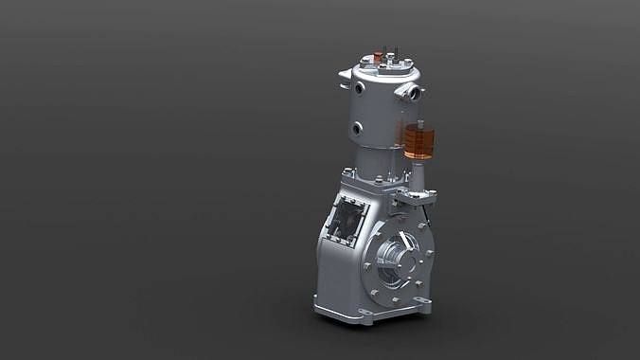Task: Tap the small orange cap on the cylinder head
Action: [x=377, y=59]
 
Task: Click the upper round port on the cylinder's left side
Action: [x=360, y=88]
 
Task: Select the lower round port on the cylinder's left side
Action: [x=357, y=128]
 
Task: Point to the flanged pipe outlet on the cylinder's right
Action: [x=411, y=92]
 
